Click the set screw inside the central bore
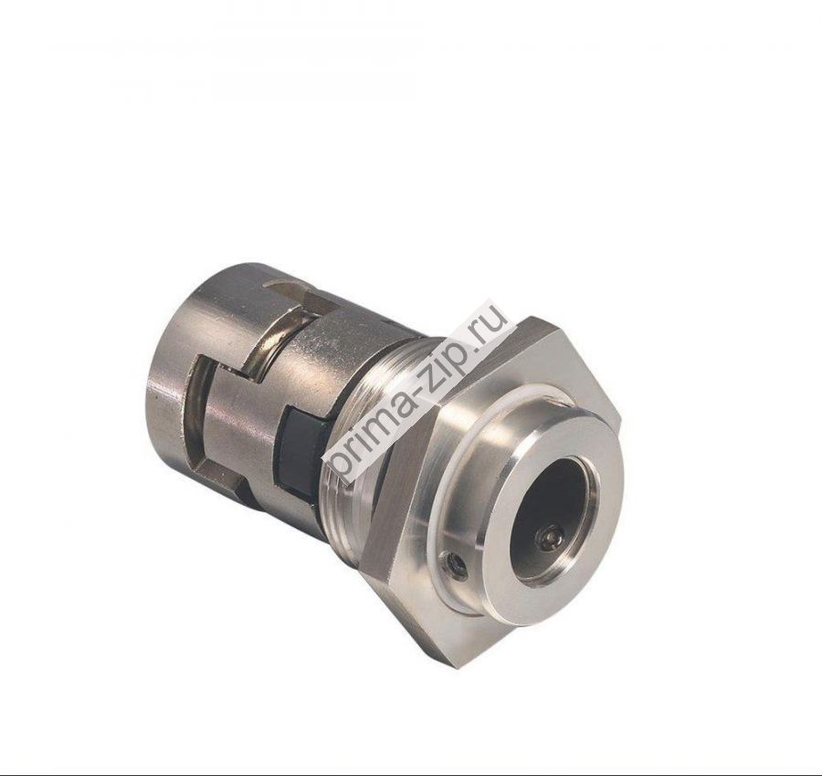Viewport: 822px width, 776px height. (x=550, y=540)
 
